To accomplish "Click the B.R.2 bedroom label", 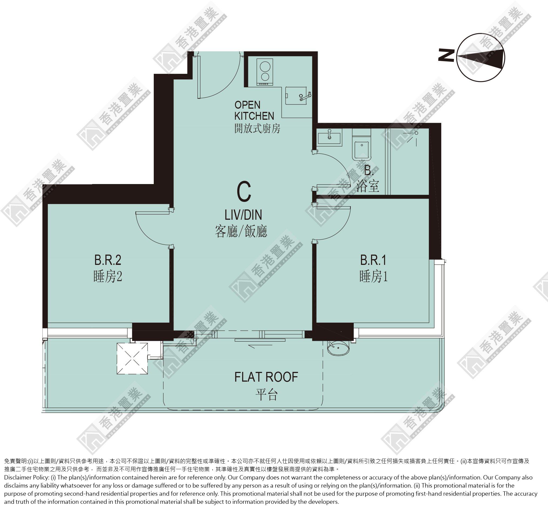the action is click(108, 260).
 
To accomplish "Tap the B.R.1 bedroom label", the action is click(373, 260).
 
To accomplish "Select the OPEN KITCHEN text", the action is click(254, 110).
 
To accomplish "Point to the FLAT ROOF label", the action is click(266, 377).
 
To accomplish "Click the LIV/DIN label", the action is click(243, 215).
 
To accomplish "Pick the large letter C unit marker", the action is click(244, 192).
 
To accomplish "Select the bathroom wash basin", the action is click(329, 137).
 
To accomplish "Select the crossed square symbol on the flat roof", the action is click(132, 358).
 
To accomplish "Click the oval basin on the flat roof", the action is click(338, 348).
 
